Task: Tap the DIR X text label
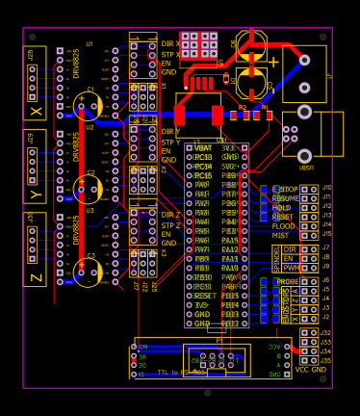170,44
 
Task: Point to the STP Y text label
169,142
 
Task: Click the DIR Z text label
170,216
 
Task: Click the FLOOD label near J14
284,226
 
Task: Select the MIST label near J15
280,236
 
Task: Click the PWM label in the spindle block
291,268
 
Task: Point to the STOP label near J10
289,190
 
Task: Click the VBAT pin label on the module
203,148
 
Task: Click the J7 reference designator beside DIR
326,248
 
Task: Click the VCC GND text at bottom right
310,370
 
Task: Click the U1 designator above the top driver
90,44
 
